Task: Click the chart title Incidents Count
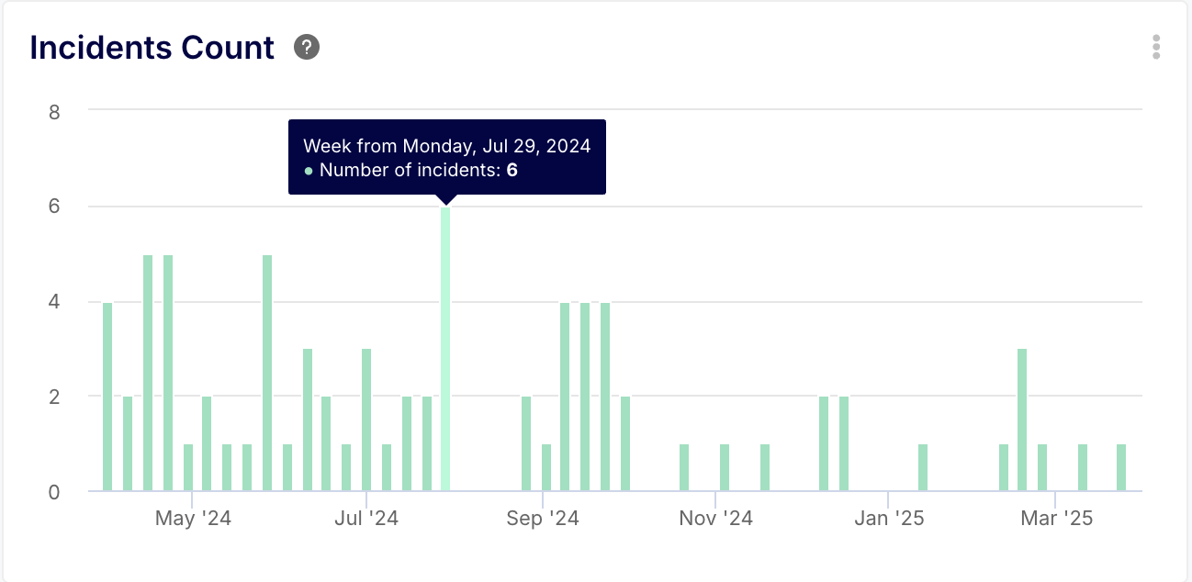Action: pyautogui.click(x=152, y=48)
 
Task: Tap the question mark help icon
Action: pyautogui.click(x=307, y=47)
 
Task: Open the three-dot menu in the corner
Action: pyautogui.click(x=1156, y=47)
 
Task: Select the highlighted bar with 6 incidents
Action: pyautogui.click(x=445, y=349)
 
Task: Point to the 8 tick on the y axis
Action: pyautogui.click(x=54, y=112)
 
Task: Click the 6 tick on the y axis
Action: pyautogui.click(x=54, y=207)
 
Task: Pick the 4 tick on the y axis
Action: pyautogui.click(x=54, y=301)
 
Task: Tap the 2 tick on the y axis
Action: pyautogui.click(x=54, y=397)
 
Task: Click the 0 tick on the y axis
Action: pyautogui.click(x=54, y=492)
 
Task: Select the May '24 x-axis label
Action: pyautogui.click(x=193, y=519)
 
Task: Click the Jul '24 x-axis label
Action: pyautogui.click(x=366, y=519)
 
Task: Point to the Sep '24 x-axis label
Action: pyautogui.click(x=543, y=519)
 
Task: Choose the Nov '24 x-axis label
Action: pyautogui.click(x=715, y=519)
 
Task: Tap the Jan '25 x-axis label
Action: pyautogui.click(x=888, y=519)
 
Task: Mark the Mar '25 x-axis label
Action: pyautogui.click(x=1056, y=519)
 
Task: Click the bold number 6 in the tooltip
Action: pyautogui.click(x=512, y=170)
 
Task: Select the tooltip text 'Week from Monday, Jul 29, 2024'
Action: pyautogui.click(x=446, y=146)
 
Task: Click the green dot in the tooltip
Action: pyautogui.click(x=309, y=171)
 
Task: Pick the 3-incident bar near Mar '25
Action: pyautogui.click(x=1022, y=420)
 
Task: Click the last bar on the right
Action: pyautogui.click(x=1121, y=467)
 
